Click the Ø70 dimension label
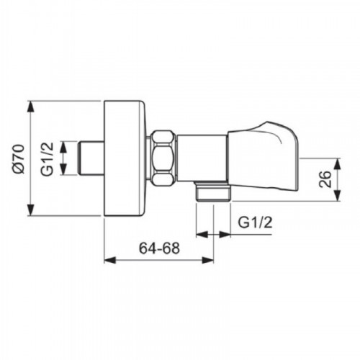pyautogui.click(x=19, y=158)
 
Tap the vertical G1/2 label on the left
pyautogui.click(x=47, y=158)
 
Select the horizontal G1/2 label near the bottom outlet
pyautogui.click(x=255, y=222)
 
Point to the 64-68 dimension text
pyautogui.click(x=159, y=248)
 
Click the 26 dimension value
pyautogui.click(x=325, y=179)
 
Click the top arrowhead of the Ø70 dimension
pyautogui.click(x=30, y=107)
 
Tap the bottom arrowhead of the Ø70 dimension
pyautogui.click(x=30, y=210)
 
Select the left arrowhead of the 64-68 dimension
pyautogui.click(x=110, y=260)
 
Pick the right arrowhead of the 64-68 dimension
pyautogui.click(x=207, y=260)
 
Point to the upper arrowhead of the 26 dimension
pyautogui.click(x=338, y=164)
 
